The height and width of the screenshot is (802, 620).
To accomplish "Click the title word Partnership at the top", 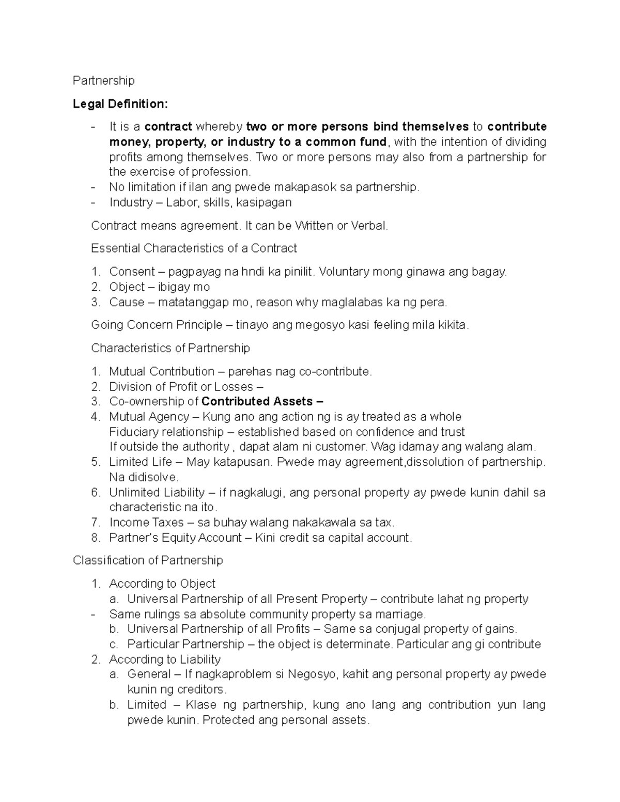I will [103, 81].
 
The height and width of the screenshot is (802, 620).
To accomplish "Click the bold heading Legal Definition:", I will [120, 104].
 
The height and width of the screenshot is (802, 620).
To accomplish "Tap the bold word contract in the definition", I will [168, 127].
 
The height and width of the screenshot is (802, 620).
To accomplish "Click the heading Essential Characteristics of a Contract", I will [194, 248].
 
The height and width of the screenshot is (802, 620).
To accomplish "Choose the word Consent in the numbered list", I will [132, 272].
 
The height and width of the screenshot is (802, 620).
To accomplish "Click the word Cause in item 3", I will [124, 302].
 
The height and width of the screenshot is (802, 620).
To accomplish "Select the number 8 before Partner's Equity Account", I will [95, 538].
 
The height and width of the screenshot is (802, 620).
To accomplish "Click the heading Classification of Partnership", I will [148, 560].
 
